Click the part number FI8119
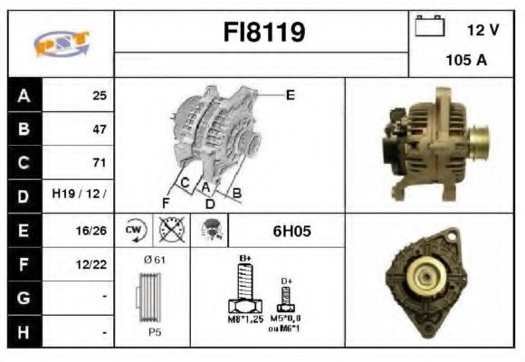click(264, 33)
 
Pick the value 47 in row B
click(99, 129)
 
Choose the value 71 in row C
click(99, 163)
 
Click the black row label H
click(24, 332)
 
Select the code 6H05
click(291, 231)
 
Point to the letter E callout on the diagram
click(290, 94)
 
